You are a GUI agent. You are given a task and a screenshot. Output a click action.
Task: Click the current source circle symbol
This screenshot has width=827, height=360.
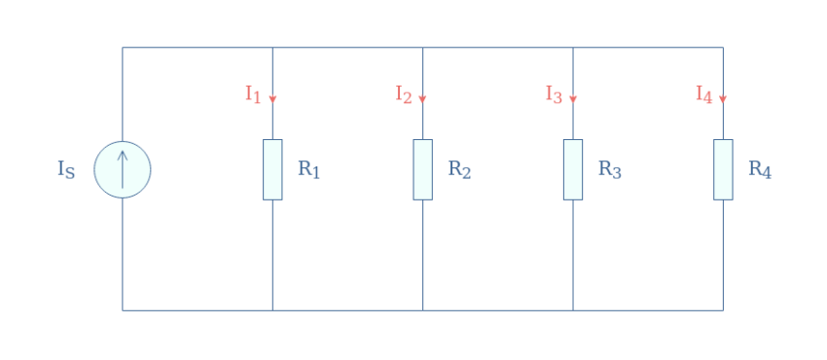point(123,169)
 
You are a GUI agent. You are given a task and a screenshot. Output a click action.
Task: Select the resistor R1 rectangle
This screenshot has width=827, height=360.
point(272,169)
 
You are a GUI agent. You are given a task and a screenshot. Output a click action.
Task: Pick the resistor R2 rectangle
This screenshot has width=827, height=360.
point(422,169)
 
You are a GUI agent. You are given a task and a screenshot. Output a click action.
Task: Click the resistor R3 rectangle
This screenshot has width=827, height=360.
point(573,169)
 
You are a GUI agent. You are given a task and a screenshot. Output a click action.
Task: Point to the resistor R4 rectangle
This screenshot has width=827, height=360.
point(723,169)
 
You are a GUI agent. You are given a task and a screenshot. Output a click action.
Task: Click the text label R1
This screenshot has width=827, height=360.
point(308,169)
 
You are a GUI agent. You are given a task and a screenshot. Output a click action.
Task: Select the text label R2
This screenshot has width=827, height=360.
point(459,169)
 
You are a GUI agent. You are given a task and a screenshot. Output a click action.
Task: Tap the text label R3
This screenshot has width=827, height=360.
point(609,169)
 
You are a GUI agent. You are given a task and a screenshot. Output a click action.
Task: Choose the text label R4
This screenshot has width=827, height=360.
point(760,169)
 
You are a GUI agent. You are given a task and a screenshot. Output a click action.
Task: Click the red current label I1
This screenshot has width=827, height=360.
point(253,94)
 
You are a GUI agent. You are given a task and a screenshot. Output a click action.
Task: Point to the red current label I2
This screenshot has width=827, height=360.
point(403,94)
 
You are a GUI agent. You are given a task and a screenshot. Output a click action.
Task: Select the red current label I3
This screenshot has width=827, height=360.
point(554,94)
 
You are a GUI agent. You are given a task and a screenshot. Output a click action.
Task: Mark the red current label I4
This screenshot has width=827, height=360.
point(703,94)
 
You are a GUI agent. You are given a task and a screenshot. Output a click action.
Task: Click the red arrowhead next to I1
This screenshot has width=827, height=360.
point(272,98)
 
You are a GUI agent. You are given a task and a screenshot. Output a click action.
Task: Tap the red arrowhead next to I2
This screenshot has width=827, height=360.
point(422,98)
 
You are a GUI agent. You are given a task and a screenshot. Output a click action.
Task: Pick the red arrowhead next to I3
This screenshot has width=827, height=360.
point(573,98)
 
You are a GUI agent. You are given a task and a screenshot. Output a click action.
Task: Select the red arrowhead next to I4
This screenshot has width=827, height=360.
point(723,98)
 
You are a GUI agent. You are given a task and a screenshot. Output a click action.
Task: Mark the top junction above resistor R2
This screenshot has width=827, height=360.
point(422,47)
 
